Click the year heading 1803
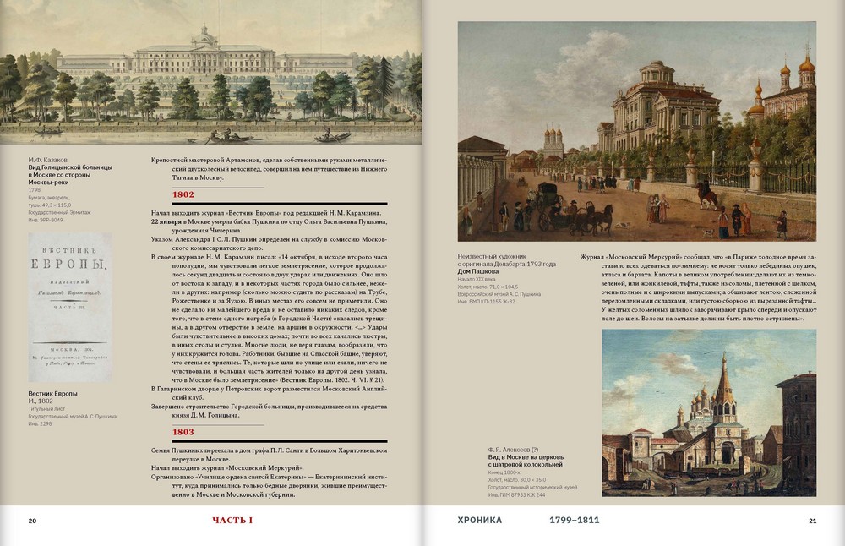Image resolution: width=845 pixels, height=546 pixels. (x=183, y=431)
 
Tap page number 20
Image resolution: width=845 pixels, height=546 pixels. (x=32, y=521)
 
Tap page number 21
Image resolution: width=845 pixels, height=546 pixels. (x=812, y=521)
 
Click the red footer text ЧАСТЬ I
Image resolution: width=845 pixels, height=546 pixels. (x=233, y=521)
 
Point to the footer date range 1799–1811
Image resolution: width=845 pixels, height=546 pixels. (x=575, y=521)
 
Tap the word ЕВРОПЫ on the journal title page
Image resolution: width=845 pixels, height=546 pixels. (x=69, y=268)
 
